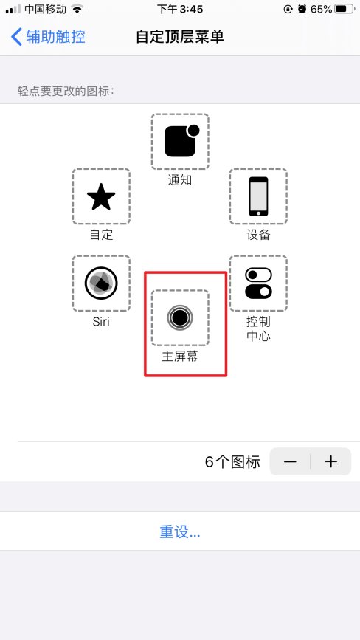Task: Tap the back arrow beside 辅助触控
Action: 16,36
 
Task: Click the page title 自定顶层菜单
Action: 180,36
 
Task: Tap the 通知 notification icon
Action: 180,142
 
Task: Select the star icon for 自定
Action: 101,196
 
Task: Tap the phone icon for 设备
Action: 258,196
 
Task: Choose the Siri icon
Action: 101,283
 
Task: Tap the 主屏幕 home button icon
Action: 180,317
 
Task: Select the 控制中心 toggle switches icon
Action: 258,283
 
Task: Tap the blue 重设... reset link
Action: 180,531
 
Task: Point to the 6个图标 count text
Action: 232,462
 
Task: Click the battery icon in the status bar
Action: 344,10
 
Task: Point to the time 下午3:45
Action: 179,10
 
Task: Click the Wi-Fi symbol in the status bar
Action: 77,10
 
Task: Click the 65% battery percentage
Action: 321,10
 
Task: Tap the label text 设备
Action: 258,235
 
